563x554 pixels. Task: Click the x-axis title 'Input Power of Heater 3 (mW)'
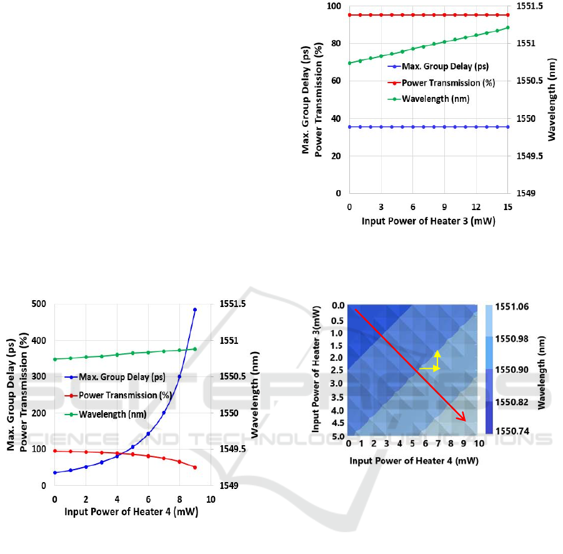click(428, 221)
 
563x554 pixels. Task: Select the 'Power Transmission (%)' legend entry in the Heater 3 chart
click(448, 83)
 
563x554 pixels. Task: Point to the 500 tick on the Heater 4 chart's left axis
click(39, 304)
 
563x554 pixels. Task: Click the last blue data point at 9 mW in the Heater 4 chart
click(195, 310)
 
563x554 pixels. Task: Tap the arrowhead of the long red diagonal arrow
click(465, 420)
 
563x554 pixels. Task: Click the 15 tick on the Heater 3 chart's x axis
click(507, 206)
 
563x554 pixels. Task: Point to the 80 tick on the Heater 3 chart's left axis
click(337, 43)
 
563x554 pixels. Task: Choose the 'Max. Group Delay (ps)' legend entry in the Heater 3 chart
click(445, 66)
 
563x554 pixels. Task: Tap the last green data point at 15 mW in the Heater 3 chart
click(507, 28)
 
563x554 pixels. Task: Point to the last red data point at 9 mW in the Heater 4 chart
click(195, 467)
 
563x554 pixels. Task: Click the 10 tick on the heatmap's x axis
click(479, 443)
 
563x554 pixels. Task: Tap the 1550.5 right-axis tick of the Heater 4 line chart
click(232, 376)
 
